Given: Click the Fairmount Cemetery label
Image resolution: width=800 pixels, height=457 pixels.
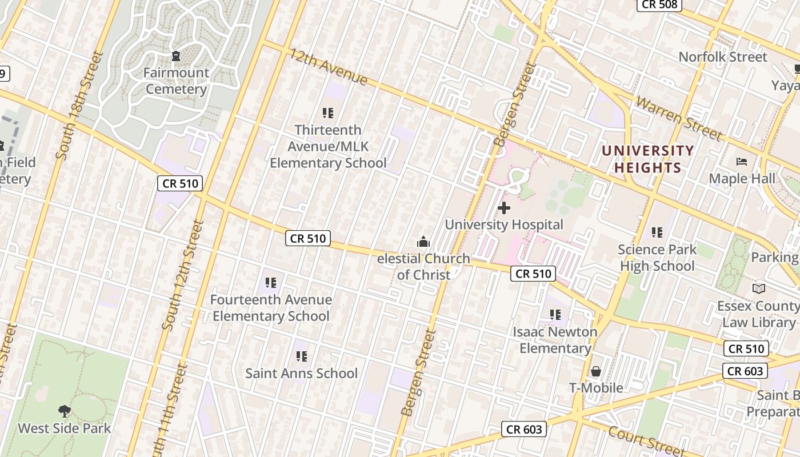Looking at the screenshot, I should tap(176, 81).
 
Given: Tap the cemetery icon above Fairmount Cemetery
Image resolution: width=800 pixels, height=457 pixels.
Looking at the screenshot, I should tap(176, 56).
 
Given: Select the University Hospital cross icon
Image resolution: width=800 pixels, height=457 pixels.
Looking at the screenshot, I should tap(503, 208).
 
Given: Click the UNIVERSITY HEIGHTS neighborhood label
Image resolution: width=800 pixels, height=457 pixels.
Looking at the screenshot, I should tap(647, 159).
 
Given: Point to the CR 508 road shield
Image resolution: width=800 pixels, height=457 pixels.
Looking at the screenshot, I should tap(659, 5).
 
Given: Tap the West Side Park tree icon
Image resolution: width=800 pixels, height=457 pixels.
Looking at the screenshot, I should tap(65, 411).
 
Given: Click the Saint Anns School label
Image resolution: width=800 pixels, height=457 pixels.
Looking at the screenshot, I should tap(301, 374).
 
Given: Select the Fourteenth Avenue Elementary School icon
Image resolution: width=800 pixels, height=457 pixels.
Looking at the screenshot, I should tap(271, 282).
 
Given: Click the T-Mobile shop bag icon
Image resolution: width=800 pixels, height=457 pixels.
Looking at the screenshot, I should tap(596, 371).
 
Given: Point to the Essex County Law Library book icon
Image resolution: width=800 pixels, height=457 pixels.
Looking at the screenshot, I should tap(758, 289).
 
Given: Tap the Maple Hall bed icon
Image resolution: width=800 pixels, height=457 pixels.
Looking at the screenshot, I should tap(742, 162).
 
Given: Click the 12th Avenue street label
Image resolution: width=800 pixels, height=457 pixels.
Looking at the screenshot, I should tap(328, 67).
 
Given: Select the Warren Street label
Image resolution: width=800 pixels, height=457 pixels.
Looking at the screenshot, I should tap(678, 119).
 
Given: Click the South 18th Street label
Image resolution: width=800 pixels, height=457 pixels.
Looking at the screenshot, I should tap(78, 106).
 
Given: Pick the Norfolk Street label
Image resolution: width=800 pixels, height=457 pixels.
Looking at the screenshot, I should tap(723, 57).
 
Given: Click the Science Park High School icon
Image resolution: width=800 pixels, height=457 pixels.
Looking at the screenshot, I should tap(657, 232).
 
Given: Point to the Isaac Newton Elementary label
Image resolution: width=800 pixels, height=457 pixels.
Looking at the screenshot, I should tap(554, 340).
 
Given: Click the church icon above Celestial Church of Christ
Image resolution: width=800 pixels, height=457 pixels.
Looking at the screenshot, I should tap(423, 242).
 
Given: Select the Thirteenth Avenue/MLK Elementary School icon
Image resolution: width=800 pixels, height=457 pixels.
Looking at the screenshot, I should tap(327, 113).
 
